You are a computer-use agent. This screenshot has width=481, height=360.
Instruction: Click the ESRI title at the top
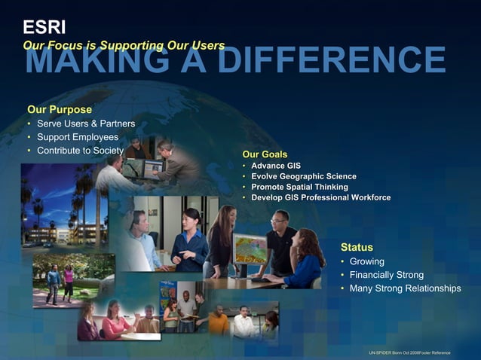(39, 29)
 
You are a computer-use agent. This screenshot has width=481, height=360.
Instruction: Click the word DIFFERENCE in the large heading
(332, 60)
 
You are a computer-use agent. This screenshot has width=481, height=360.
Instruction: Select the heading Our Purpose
(60, 109)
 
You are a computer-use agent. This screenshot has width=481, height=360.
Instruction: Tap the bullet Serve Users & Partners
(86, 124)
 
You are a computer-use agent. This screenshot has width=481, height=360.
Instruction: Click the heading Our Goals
(265, 154)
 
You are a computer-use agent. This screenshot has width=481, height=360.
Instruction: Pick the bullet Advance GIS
(276, 165)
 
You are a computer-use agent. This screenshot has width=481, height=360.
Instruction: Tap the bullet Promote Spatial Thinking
(299, 187)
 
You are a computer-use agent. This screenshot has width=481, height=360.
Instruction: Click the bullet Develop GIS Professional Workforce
(320, 197)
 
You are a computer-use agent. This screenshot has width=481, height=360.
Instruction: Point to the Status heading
(357, 246)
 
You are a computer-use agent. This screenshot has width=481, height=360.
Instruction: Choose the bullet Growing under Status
(366, 261)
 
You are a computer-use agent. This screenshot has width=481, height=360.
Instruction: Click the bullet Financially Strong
(387, 275)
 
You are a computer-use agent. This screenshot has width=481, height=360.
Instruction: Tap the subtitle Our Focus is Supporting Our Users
(124, 45)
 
